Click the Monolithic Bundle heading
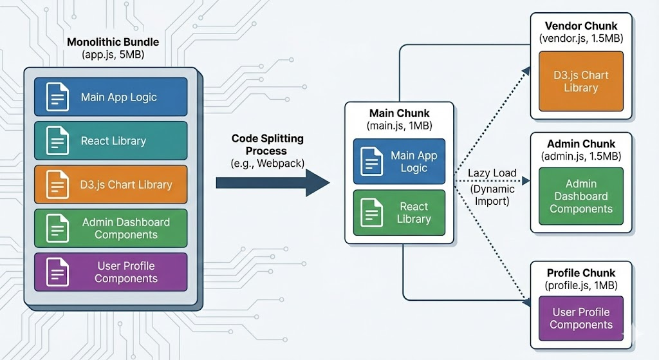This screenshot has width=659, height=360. (113, 42)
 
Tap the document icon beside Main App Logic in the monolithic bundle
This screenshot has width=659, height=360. (57, 97)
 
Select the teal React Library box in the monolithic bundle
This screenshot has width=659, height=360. (111, 141)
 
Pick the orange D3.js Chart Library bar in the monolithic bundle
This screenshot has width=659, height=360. (111, 185)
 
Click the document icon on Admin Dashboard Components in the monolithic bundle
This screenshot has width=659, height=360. (57, 228)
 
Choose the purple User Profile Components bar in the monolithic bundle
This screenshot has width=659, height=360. (111, 272)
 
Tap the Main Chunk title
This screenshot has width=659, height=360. (399, 113)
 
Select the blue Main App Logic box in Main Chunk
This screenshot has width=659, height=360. (399, 161)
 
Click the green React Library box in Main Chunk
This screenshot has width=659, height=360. (399, 213)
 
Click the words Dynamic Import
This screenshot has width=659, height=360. (493, 195)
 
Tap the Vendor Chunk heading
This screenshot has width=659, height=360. (580, 26)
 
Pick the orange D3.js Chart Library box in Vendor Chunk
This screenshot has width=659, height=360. (580, 81)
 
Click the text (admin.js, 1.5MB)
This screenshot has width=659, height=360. (580, 156)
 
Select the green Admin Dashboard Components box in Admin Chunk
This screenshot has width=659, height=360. (580, 196)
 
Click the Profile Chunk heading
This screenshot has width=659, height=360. (580, 272)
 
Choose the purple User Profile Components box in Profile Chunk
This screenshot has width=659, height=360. (580, 319)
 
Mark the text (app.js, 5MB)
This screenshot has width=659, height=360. (113, 55)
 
